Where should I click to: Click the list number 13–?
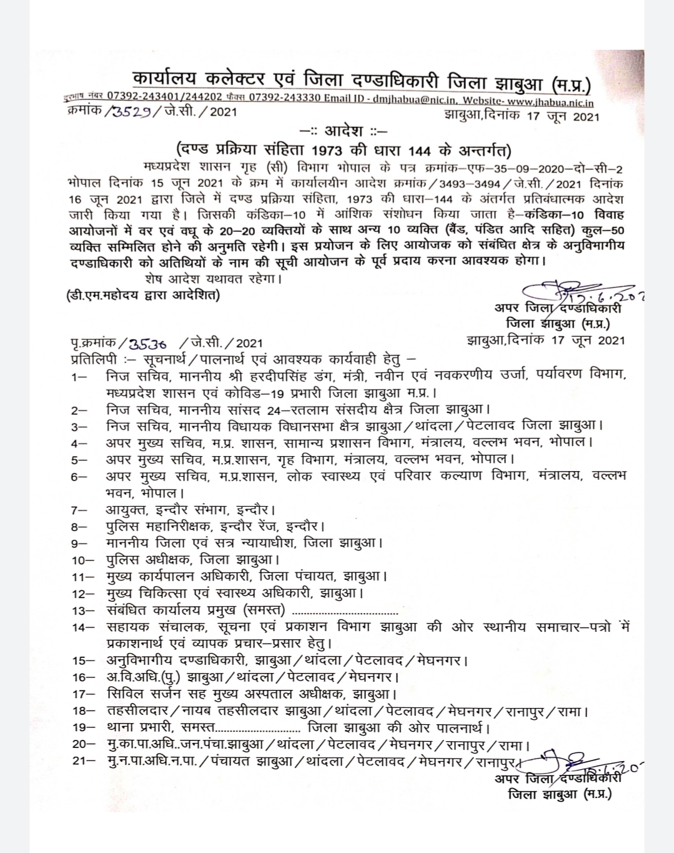tap(82, 611)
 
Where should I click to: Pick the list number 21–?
tap(82, 762)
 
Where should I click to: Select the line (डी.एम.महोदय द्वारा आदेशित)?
tap(143, 294)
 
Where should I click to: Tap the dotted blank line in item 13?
tap(345, 611)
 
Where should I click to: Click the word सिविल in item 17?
tap(125, 694)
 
